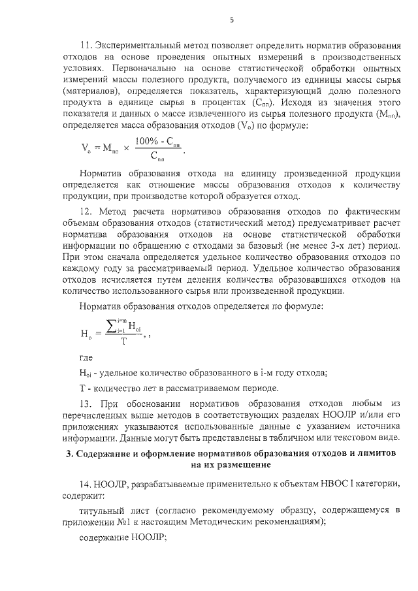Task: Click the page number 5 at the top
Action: point(231,20)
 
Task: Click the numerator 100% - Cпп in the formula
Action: point(157,142)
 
